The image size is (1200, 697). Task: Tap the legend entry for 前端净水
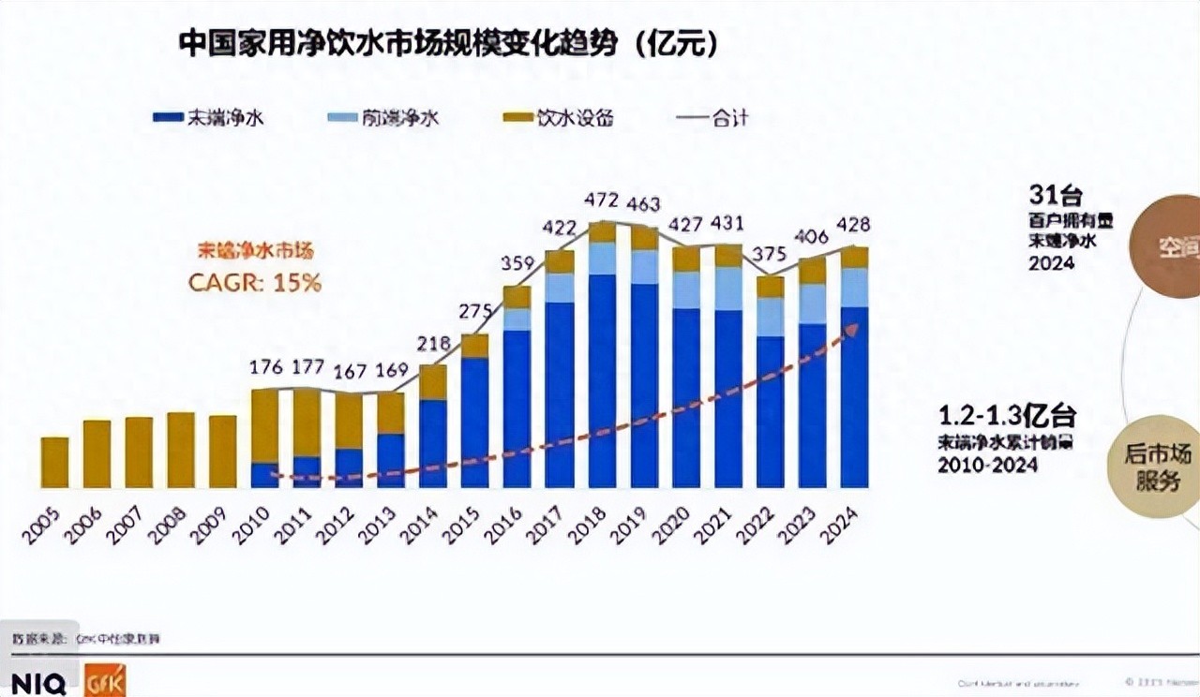click(x=384, y=118)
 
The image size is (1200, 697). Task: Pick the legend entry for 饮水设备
click(x=559, y=118)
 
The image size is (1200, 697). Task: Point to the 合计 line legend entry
click(x=712, y=118)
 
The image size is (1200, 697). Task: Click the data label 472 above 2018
click(x=602, y=200)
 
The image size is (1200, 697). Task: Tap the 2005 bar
click(x=54, y=463)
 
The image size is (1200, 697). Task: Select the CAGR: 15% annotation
click(x=255, y=282)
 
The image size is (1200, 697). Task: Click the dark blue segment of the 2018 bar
click(x=602, y=379)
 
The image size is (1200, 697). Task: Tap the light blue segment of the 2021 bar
click(x=728, y=289)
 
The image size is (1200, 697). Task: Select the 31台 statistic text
click(x=1055, y=197)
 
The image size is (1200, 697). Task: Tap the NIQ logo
click(x=38, y=683)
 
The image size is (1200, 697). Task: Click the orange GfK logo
click(x=104, y=681)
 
